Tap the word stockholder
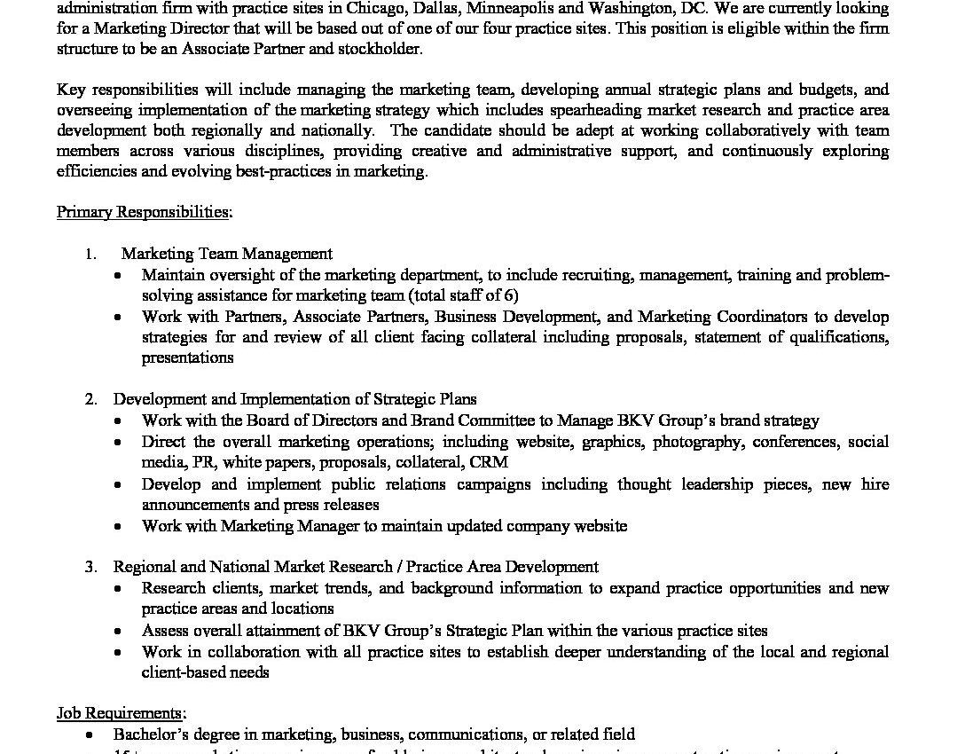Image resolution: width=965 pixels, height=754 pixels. pos(378,49)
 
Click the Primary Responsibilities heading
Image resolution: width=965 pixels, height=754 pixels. pos(145,212)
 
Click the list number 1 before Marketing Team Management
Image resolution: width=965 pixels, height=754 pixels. pos(90,254)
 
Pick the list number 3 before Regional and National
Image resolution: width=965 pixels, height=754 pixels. pos(90,567)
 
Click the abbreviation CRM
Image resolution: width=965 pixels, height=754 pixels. pos(489,462)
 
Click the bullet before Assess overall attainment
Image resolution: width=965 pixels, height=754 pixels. pos(119,632)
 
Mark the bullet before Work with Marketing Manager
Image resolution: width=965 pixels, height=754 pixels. pos(119,527)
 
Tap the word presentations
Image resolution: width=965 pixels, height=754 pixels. pos(187,357)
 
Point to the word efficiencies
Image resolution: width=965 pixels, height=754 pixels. pos(96,171)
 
